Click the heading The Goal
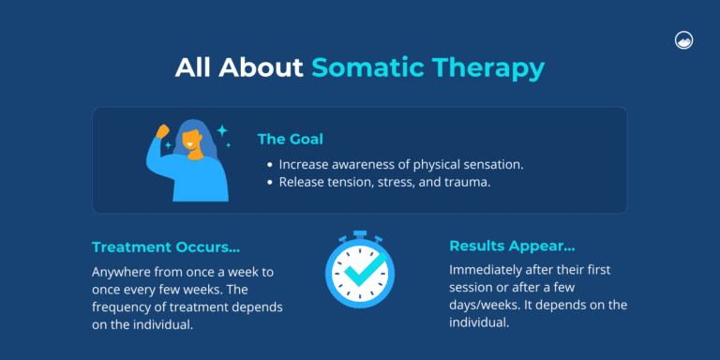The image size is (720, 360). coord(291,139)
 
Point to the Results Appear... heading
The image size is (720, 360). coord(512,246)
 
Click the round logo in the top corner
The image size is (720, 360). coord(682,40)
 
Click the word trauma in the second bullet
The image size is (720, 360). coord(469,182)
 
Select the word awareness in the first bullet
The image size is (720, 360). coord(362,164)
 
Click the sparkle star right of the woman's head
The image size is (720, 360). coord(222,130)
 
